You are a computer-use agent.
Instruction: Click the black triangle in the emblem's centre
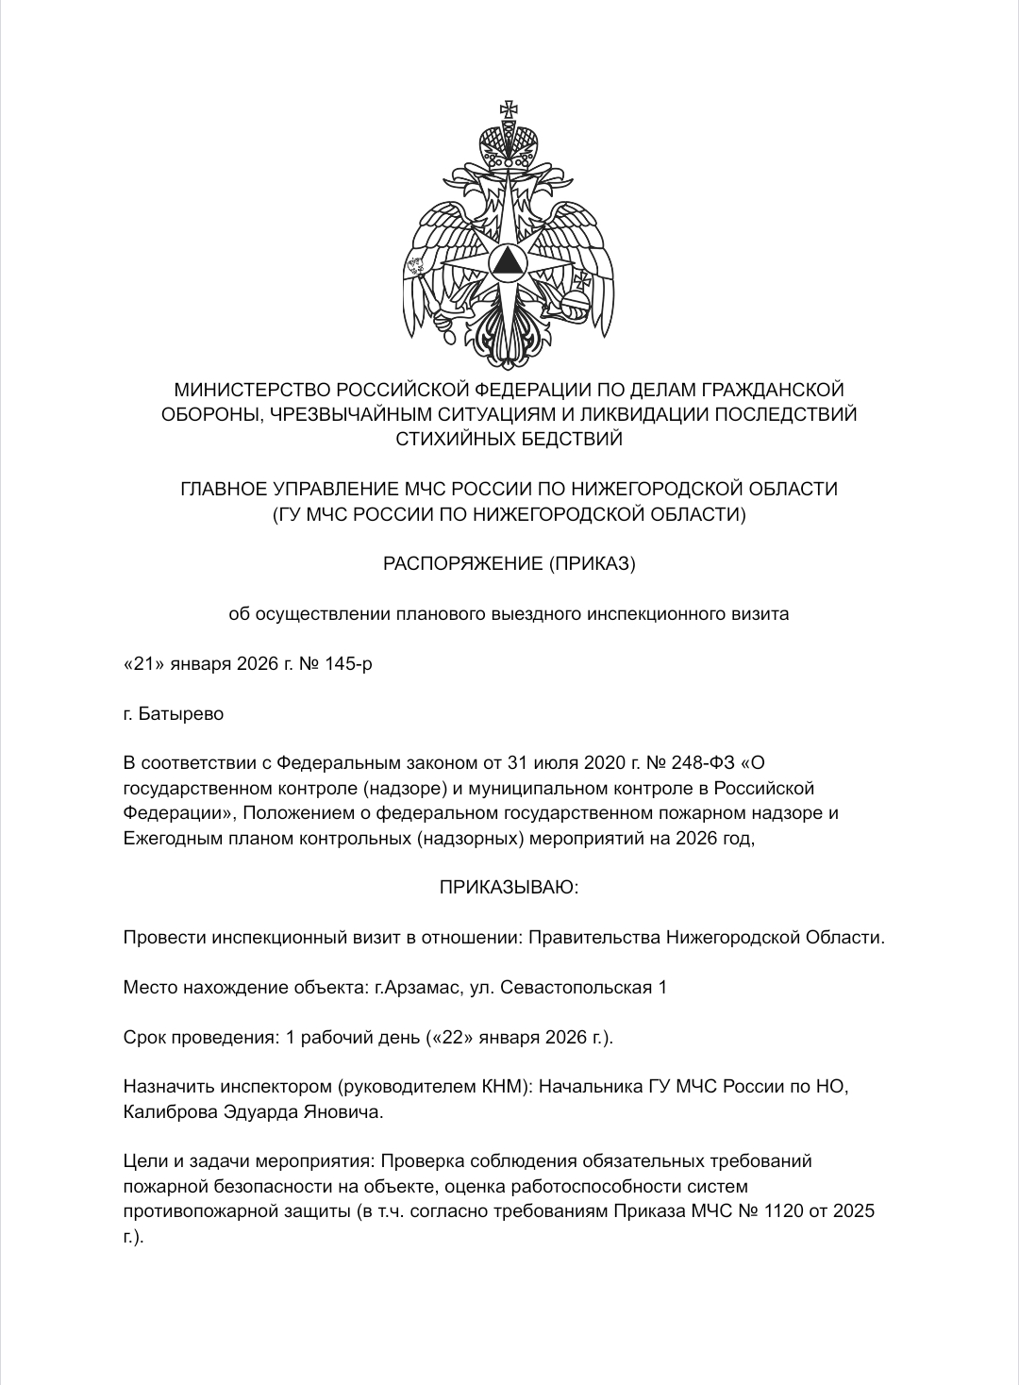509,260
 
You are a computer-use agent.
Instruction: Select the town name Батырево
181,714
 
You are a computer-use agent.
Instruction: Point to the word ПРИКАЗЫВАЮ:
509,887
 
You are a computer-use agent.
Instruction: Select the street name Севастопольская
576,987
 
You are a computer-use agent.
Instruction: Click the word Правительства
593,938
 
